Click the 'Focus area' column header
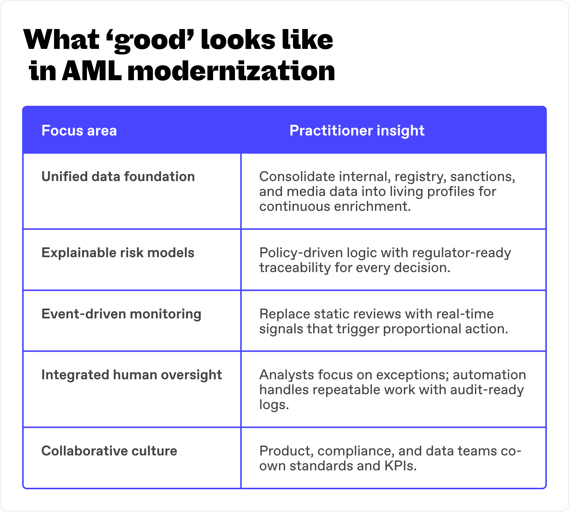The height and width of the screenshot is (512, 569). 79,131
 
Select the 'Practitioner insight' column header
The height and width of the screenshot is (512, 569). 357,131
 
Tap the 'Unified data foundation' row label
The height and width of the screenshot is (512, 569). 118,177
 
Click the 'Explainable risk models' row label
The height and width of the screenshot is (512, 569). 118,253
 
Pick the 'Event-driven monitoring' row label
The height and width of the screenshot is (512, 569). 121,314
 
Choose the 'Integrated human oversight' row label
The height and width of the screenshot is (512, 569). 132,375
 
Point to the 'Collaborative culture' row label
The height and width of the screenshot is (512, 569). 109,451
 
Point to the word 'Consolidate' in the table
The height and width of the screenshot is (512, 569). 297,177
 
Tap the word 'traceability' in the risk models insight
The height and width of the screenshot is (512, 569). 295,268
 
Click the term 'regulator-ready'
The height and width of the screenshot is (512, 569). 461,253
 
